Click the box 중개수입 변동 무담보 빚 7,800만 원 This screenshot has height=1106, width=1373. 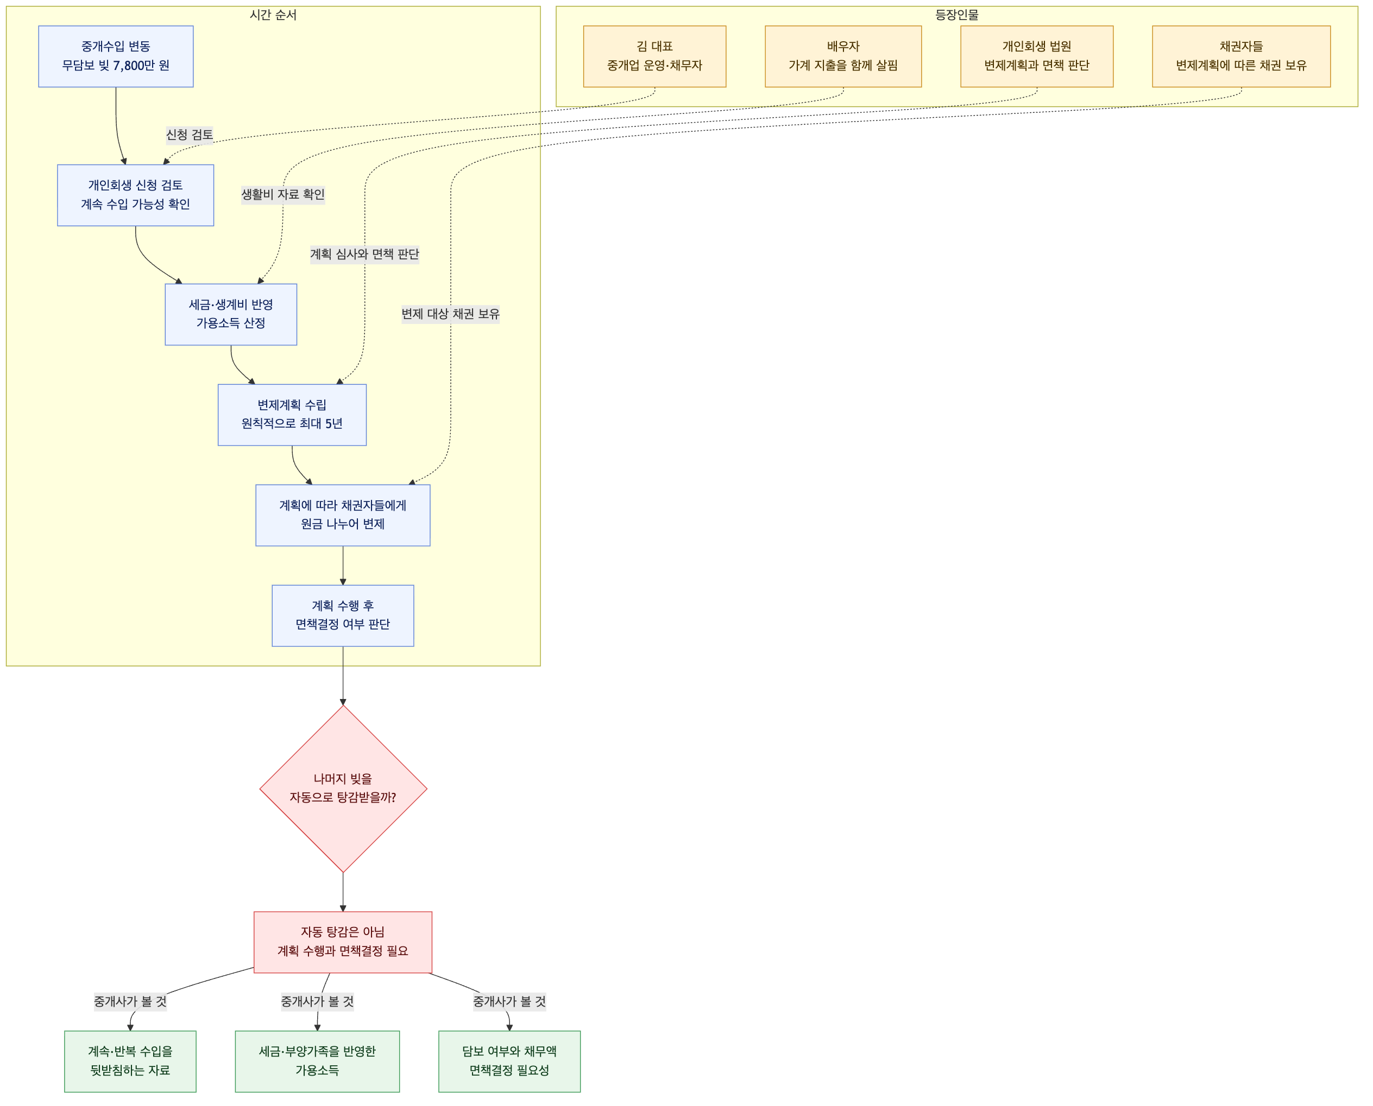click(116, 56)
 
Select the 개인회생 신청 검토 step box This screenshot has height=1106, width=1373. click(136, 195)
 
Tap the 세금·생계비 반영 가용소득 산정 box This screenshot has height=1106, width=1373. click(231, 315)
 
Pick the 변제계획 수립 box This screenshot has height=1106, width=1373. click(292, 415)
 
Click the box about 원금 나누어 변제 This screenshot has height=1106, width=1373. click(343, 516)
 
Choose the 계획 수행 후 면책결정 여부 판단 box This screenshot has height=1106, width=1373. click(343, 616)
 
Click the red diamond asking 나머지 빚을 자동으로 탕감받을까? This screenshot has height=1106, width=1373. click(343, 789)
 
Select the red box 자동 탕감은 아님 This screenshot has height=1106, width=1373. click(343, 942)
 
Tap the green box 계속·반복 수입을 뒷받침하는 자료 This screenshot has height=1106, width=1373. click(130, 1061)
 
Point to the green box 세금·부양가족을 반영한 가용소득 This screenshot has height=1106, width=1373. click(317, 1061)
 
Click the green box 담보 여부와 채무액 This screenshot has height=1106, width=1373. click(509, 1061)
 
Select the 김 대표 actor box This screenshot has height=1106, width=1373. click(654, 56)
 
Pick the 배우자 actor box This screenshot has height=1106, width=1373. click(843, 56)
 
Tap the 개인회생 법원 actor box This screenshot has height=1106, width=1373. click(1037, 56)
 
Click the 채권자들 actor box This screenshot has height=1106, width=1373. click(1242, 56)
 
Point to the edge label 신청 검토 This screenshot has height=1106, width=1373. click(190, 135)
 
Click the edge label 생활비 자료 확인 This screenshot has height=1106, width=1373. click(283, 194)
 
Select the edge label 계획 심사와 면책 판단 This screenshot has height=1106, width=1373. click(364, 254)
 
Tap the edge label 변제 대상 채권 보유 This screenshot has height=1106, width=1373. click(451, 314)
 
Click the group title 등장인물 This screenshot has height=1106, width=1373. click(957, 15)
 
